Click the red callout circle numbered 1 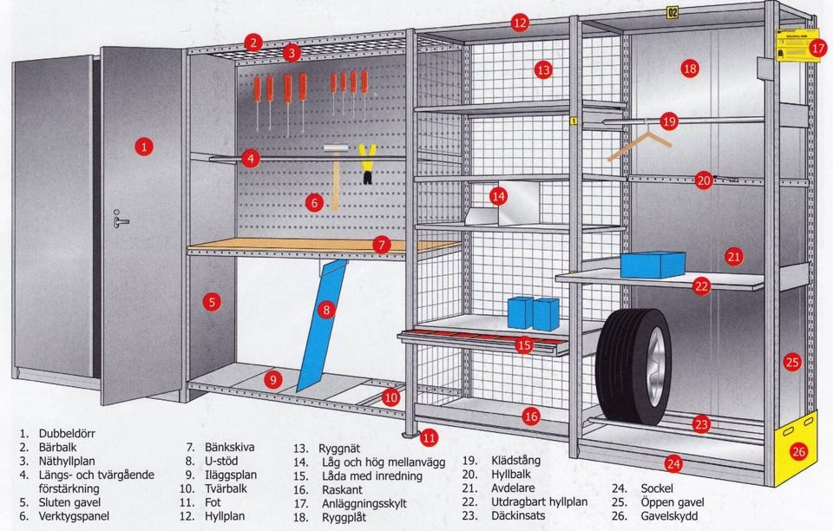point(144,147)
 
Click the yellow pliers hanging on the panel point(367,163)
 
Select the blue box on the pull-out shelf point(653,265)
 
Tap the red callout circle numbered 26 point(798,450)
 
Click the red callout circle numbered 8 point(326,309)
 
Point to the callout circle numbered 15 point(523,345)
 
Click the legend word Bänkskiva point(229,447)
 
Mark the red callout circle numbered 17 point(817,49)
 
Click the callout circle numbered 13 point(543,69)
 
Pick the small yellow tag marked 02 point(672,12)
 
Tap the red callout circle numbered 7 point(381,245)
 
